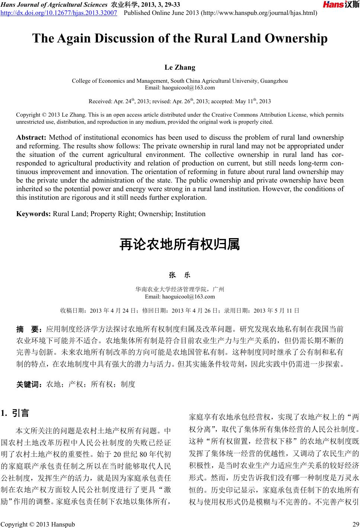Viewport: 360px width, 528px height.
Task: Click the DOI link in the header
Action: click(x=59, y=13)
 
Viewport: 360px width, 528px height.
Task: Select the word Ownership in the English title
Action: click(x=297, y=38)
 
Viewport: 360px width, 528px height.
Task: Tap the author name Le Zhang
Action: click(x=180, y=67)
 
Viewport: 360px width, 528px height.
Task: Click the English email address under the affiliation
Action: click(x=179, y=88)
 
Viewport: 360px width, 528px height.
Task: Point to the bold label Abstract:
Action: click(x=31, y=138)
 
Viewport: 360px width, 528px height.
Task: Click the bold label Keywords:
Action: click(x=34, y=214)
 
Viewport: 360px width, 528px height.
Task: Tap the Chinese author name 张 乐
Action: click(x=179, y=275)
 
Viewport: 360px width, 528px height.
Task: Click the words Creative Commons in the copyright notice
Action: click(x=241, y=115)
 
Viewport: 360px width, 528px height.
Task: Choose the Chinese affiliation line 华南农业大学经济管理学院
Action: click(x=172, y=289)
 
